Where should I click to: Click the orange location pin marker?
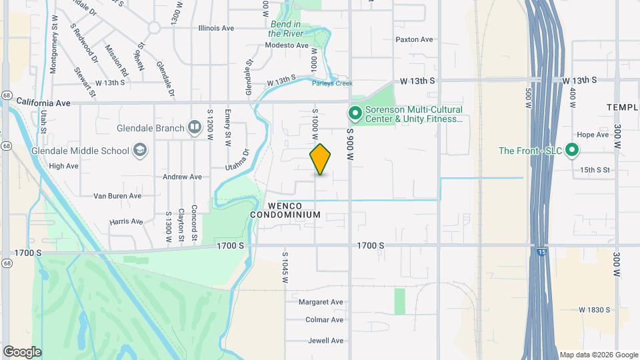click(x=321, y=159)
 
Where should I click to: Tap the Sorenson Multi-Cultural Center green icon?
click(x=355, y=113)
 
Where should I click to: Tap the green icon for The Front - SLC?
click(x=571, y=151)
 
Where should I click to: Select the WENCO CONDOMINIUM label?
click(x=285, y=210)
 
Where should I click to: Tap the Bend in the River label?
click(x=286, y=29)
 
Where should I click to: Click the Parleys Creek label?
click(x=331, y=83)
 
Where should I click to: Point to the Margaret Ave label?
click(x=321, y=302)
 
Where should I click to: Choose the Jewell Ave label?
click(x=325, y=341)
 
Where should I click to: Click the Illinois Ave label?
click(x=216, y=29)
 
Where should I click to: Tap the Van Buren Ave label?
click(x=117, y=196)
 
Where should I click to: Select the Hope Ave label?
click(x=593, y=135)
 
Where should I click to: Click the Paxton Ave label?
click(x=414, y=39)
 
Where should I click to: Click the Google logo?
click(x=22, y=352)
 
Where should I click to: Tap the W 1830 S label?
click(x=595, y=310)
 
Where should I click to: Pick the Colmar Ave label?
click(x=325, y=320)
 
